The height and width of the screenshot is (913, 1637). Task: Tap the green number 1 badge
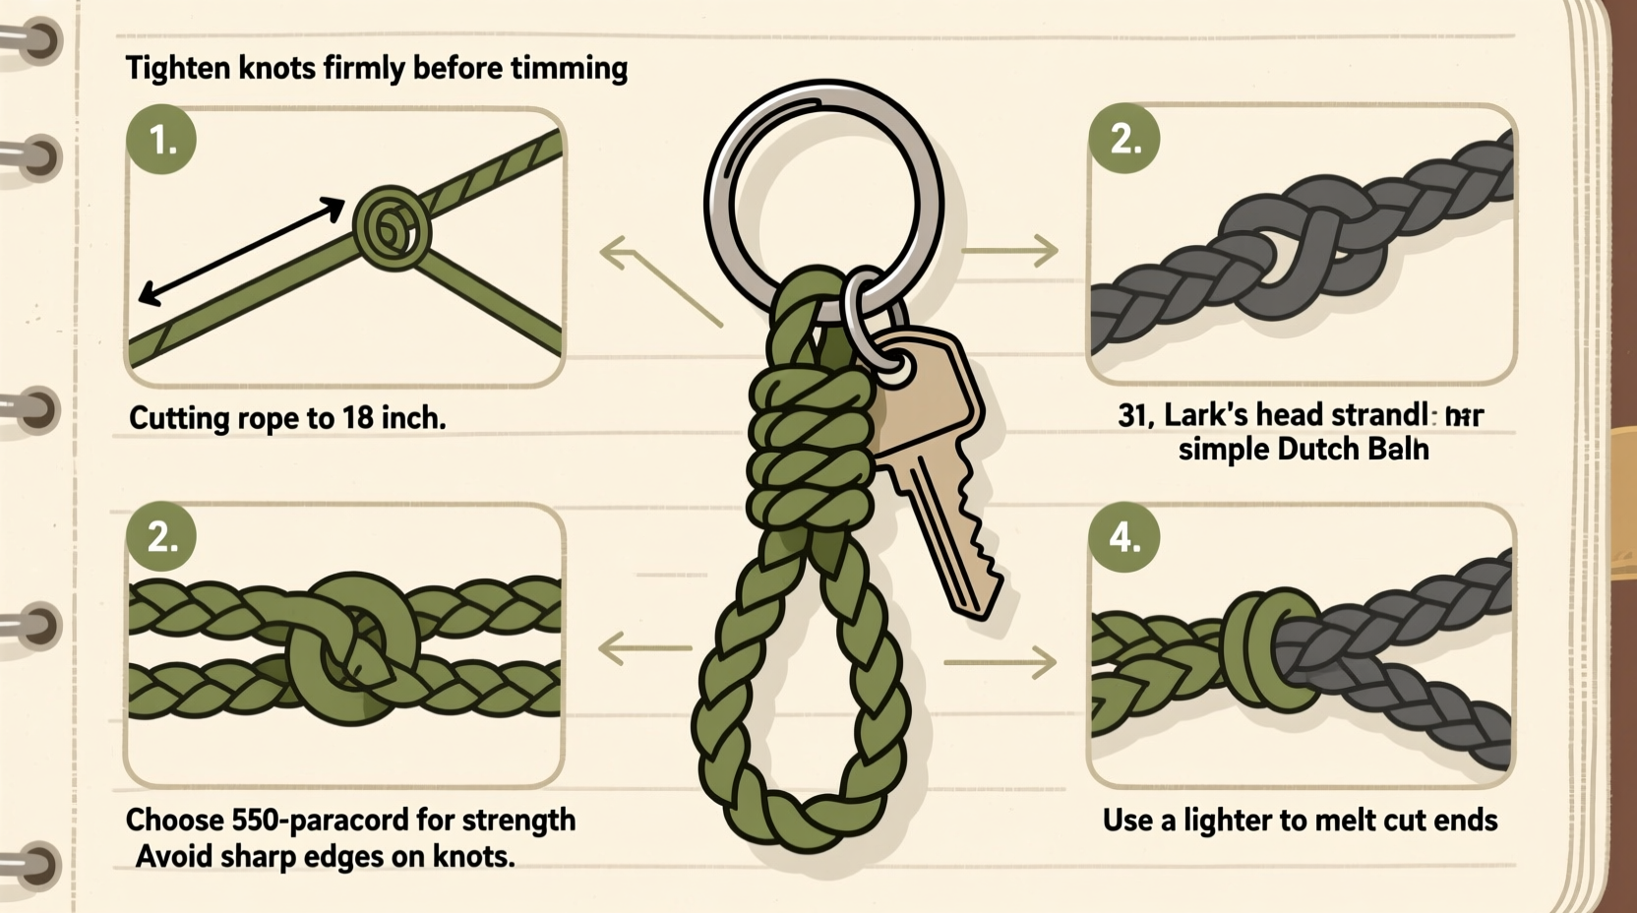[x=162, y=140]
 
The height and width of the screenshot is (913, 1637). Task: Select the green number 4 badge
[x=1124, y=538]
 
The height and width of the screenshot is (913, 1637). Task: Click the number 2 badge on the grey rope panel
[x=1124, y=139]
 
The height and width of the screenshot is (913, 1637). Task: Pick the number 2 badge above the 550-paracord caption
[x=162, y=537]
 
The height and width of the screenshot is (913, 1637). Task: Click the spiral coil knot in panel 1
[x=392, y=228]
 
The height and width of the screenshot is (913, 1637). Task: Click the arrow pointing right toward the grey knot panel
[x=1010, y=251]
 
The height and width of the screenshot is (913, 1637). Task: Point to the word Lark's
[x=1206, y=415]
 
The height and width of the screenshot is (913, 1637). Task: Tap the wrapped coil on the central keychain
[x=809, y=443]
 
